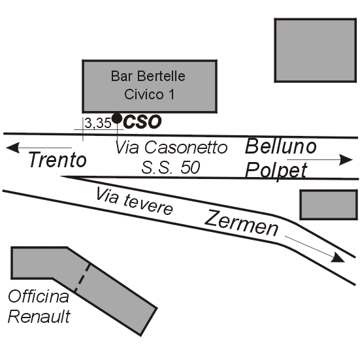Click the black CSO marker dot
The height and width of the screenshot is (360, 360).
[x=117, y=118]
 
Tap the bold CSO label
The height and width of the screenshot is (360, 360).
[x=142, y=122]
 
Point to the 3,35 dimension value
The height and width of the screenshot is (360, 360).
[x=98, y=123]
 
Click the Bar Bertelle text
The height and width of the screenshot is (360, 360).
[x=148, y=76]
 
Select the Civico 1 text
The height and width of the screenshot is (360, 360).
[x=149, y=94]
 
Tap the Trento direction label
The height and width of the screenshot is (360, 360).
[x=57, y=159]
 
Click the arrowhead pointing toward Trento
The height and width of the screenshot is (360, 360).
[x=12, y=148]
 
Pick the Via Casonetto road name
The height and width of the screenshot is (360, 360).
[x=171, y=147]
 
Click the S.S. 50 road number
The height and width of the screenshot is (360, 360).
[x=171, y=167]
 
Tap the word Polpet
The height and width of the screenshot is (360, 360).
[x=276, y=171]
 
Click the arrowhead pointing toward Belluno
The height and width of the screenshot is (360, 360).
[x=346, y=160]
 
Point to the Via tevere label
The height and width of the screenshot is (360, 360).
[x=135, y=201]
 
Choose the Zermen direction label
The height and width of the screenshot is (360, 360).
[x=242, y=223]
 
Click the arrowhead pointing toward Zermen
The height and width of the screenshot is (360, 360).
[x=338, y=258]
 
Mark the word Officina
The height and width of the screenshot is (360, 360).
[x=39, y=296]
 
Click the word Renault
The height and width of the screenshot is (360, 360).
[x=39, y=316]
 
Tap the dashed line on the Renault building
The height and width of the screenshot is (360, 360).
[x=82, y=278]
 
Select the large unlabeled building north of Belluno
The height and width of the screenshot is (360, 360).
[x=316, y=50]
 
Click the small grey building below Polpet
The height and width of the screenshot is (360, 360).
[x=329, y=205]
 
